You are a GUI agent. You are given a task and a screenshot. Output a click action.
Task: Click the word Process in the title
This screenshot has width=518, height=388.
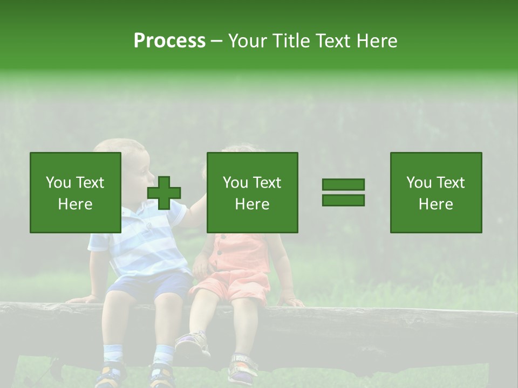pyautogui.click(x=169, y=41)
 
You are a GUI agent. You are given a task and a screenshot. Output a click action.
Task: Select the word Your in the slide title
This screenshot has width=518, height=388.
pyautogui.click(x=248, y=41)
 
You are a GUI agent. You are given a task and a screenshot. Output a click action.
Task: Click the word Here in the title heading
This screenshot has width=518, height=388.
pyautogui.click(x=377, y=41)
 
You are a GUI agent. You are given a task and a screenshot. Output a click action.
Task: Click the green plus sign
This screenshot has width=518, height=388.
pyautogui.click(x=164, y=193)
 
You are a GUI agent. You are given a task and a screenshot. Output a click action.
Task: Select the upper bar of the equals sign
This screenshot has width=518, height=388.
pyautogui.click(x=343, y=185)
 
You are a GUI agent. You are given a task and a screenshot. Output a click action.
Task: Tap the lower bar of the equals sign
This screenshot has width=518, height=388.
pyautogui.click(x=343, y=200)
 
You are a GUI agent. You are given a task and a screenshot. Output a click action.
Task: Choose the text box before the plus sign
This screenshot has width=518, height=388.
pyautogui.click(x=76, y=192)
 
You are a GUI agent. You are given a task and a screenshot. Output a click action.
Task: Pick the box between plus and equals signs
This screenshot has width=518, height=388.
pyautogui.click(x=252, y=192)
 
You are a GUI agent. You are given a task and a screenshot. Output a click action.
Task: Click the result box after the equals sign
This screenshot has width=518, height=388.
pyautogui.click(x=435, y=192)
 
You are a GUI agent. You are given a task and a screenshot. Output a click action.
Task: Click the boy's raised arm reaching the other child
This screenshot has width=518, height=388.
pyautogui.click(x=194, y=207)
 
